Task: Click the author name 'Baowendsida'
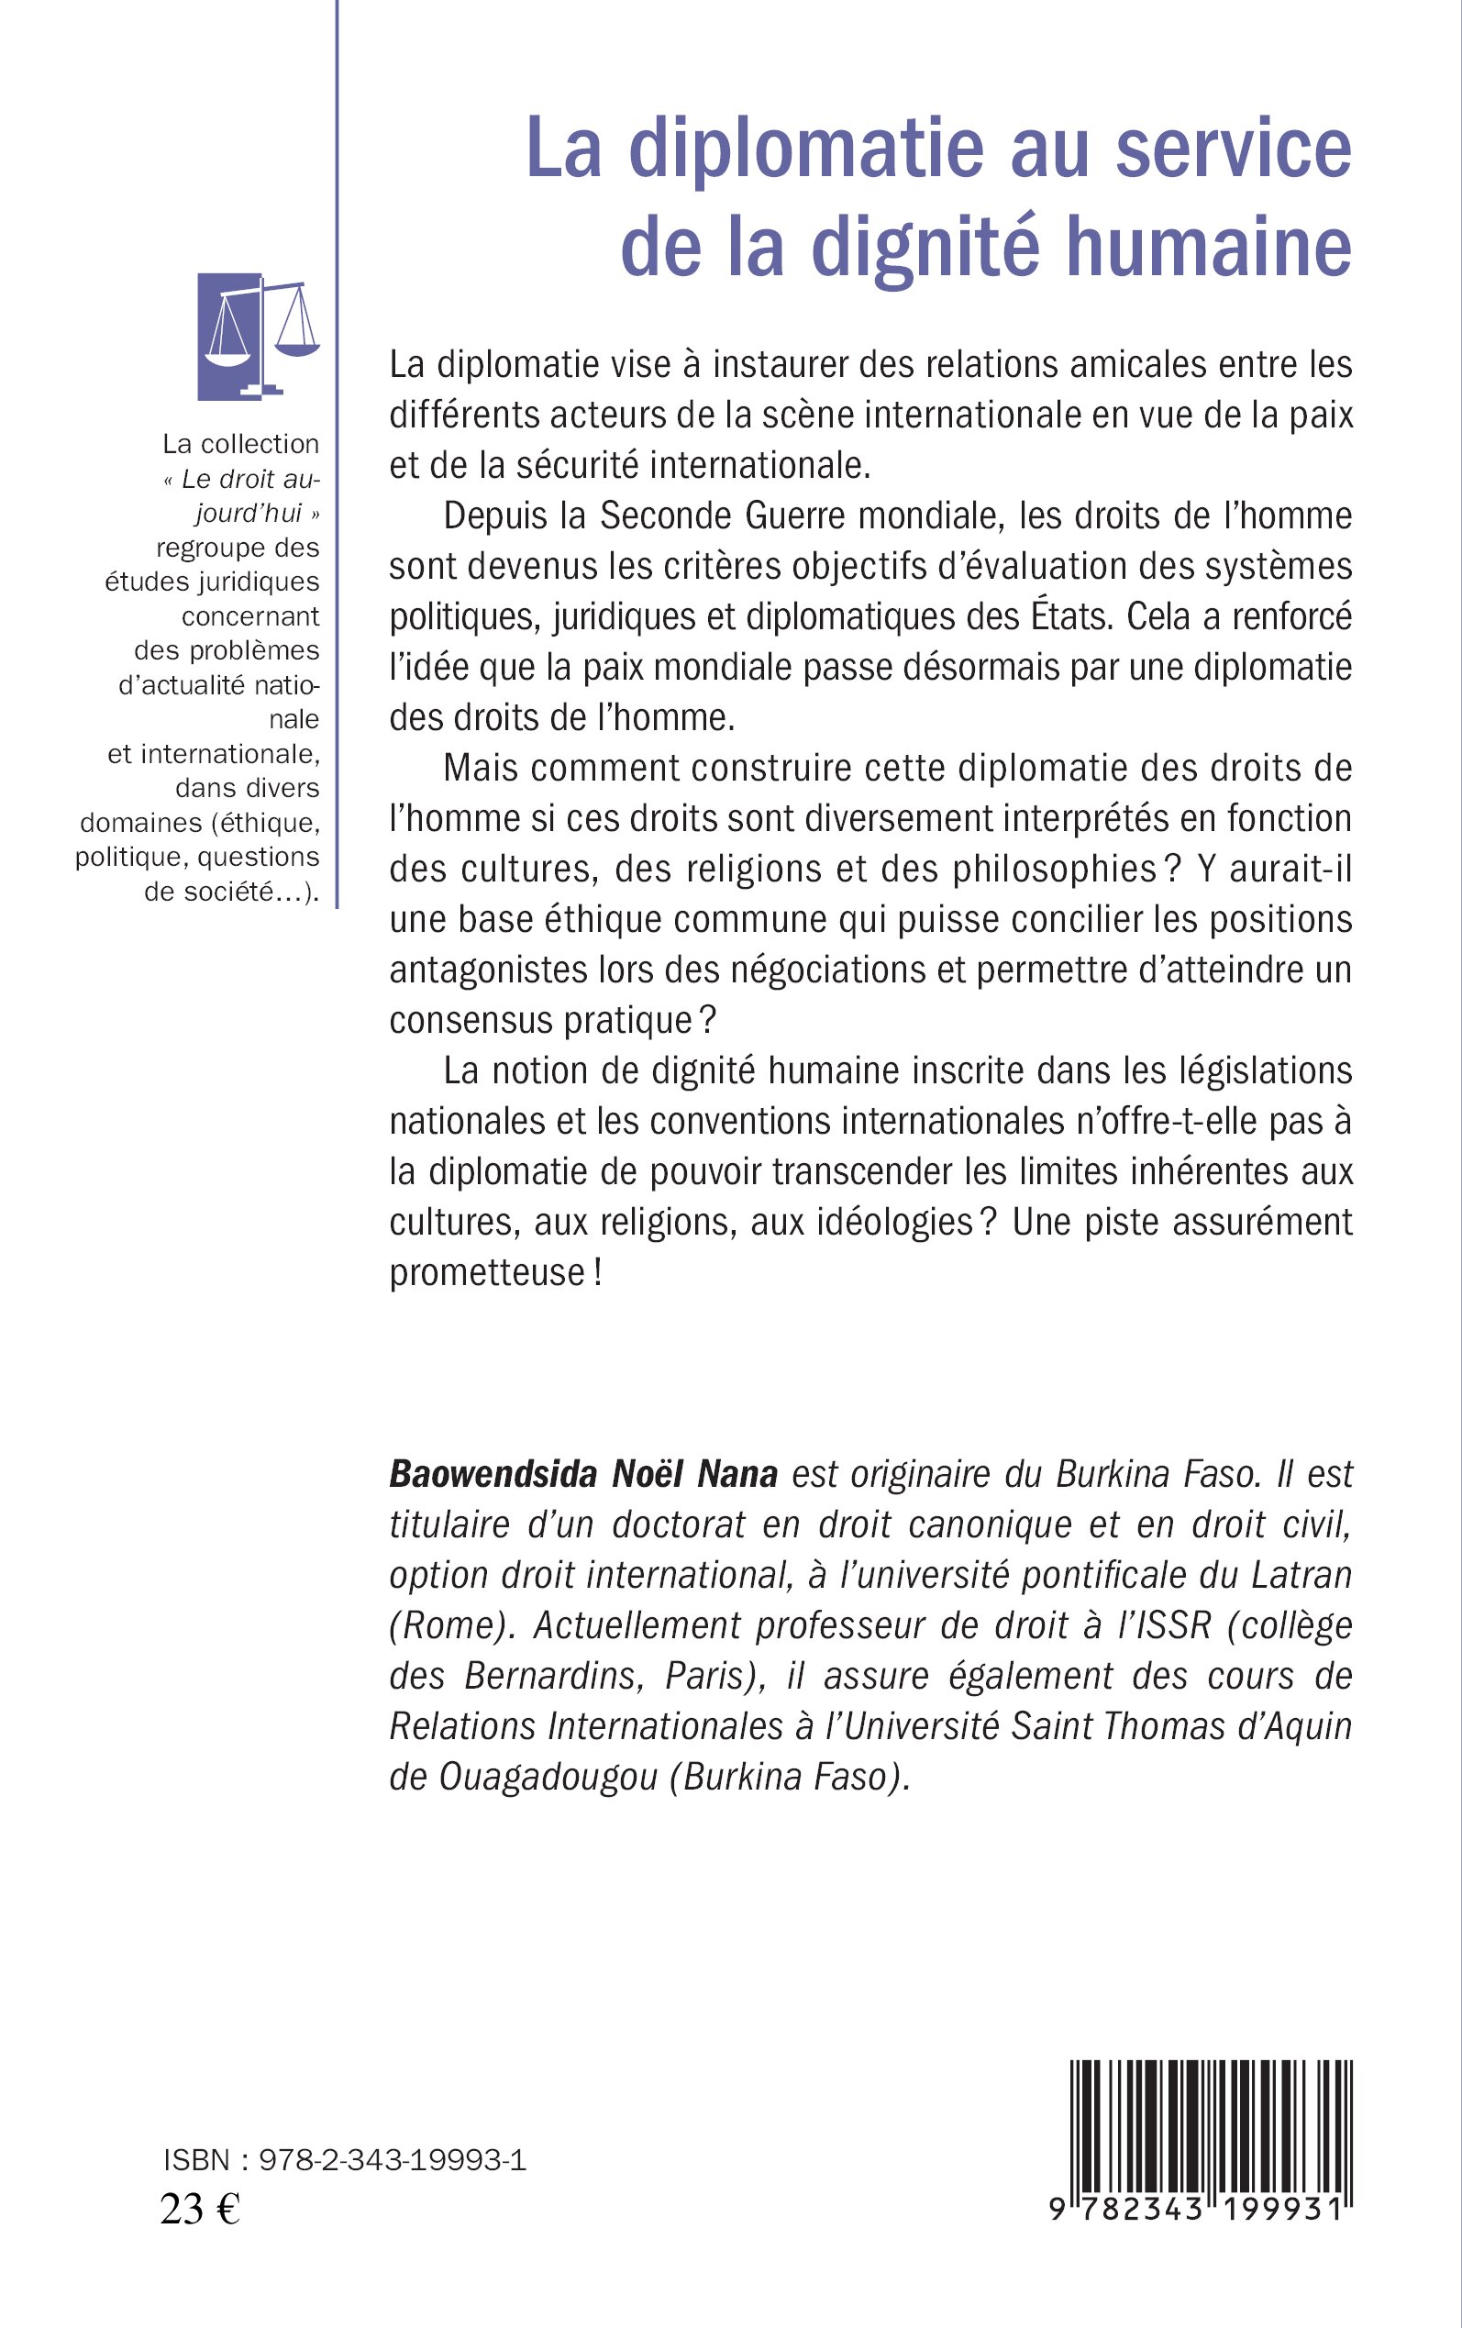493,1474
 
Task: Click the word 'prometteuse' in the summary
487,1272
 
